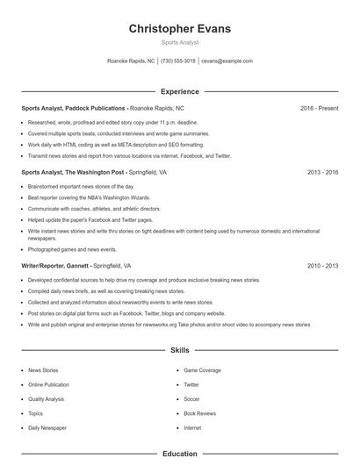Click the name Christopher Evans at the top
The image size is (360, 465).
(180, 29)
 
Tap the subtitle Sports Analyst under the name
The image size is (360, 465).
(180, 42)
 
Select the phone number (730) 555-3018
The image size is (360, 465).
(177, 61)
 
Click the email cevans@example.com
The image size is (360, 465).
(227, 61)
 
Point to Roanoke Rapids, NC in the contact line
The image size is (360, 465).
(131, 61)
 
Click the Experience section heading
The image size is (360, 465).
(180, 91)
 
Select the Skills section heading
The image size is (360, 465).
(180, 349)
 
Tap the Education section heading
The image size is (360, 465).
(180, 454)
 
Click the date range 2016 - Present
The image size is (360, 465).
(319, 108)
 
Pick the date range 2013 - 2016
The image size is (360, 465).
(322, 173)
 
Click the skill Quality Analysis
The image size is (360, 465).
(47, 399)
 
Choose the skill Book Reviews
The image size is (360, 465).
(199, 413)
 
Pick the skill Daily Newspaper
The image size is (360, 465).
(47, 427)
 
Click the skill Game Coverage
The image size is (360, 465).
(202, 370)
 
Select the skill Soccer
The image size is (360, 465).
(192, 399)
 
